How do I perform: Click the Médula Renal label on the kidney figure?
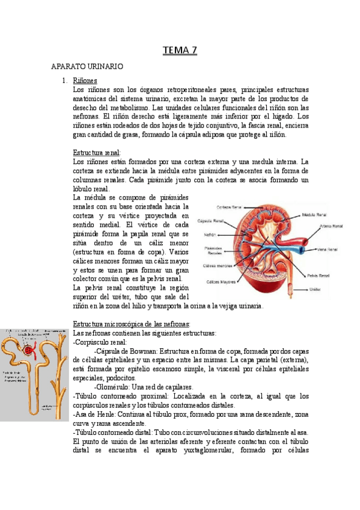315,214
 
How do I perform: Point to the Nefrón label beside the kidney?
210,235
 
